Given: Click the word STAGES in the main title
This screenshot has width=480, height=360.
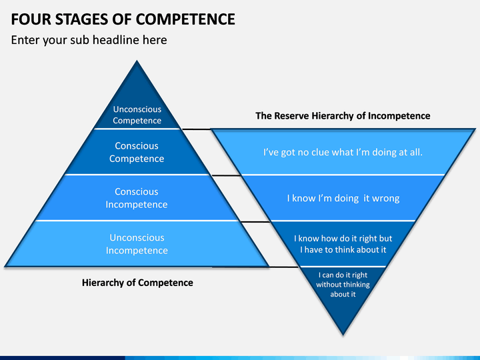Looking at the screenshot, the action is [x=81, y=19].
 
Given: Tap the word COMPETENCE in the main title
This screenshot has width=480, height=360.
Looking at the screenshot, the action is [x=185, y=19].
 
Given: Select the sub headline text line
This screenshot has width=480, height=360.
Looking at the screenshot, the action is [x=89, y=40].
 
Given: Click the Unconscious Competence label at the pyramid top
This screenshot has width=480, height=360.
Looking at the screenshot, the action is [x=137, y=115].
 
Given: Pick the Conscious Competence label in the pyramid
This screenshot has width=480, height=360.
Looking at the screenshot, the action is [x=137, y=152].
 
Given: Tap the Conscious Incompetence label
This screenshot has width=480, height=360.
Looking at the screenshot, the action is [x=137, y=198].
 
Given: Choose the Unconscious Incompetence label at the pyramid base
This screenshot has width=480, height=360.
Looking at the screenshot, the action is [x=137, y=244].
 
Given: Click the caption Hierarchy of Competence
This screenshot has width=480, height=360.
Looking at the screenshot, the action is [x=137, y=283].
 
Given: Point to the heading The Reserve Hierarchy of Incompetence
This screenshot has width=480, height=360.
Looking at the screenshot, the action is [x=343, y=116].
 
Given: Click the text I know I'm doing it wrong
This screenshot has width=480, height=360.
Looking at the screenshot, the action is [x=343, y=199].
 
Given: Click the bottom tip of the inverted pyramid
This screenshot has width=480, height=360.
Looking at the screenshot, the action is [x=343, y=335].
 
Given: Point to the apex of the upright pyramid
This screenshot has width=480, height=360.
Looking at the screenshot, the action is [x=137, y=61].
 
